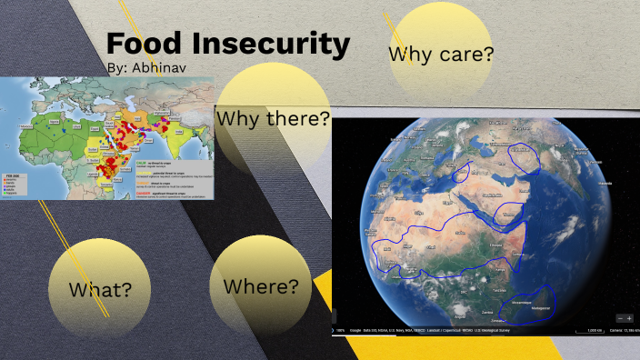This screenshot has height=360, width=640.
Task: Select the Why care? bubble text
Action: [441, 54]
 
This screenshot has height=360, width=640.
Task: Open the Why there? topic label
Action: [273, 119]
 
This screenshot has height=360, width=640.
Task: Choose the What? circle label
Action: [100, 290]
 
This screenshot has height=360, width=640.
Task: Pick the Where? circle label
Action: [261, 286]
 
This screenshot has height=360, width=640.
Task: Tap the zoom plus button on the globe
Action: [628, 318]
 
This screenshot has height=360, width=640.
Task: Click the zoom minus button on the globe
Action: [620, 318]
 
